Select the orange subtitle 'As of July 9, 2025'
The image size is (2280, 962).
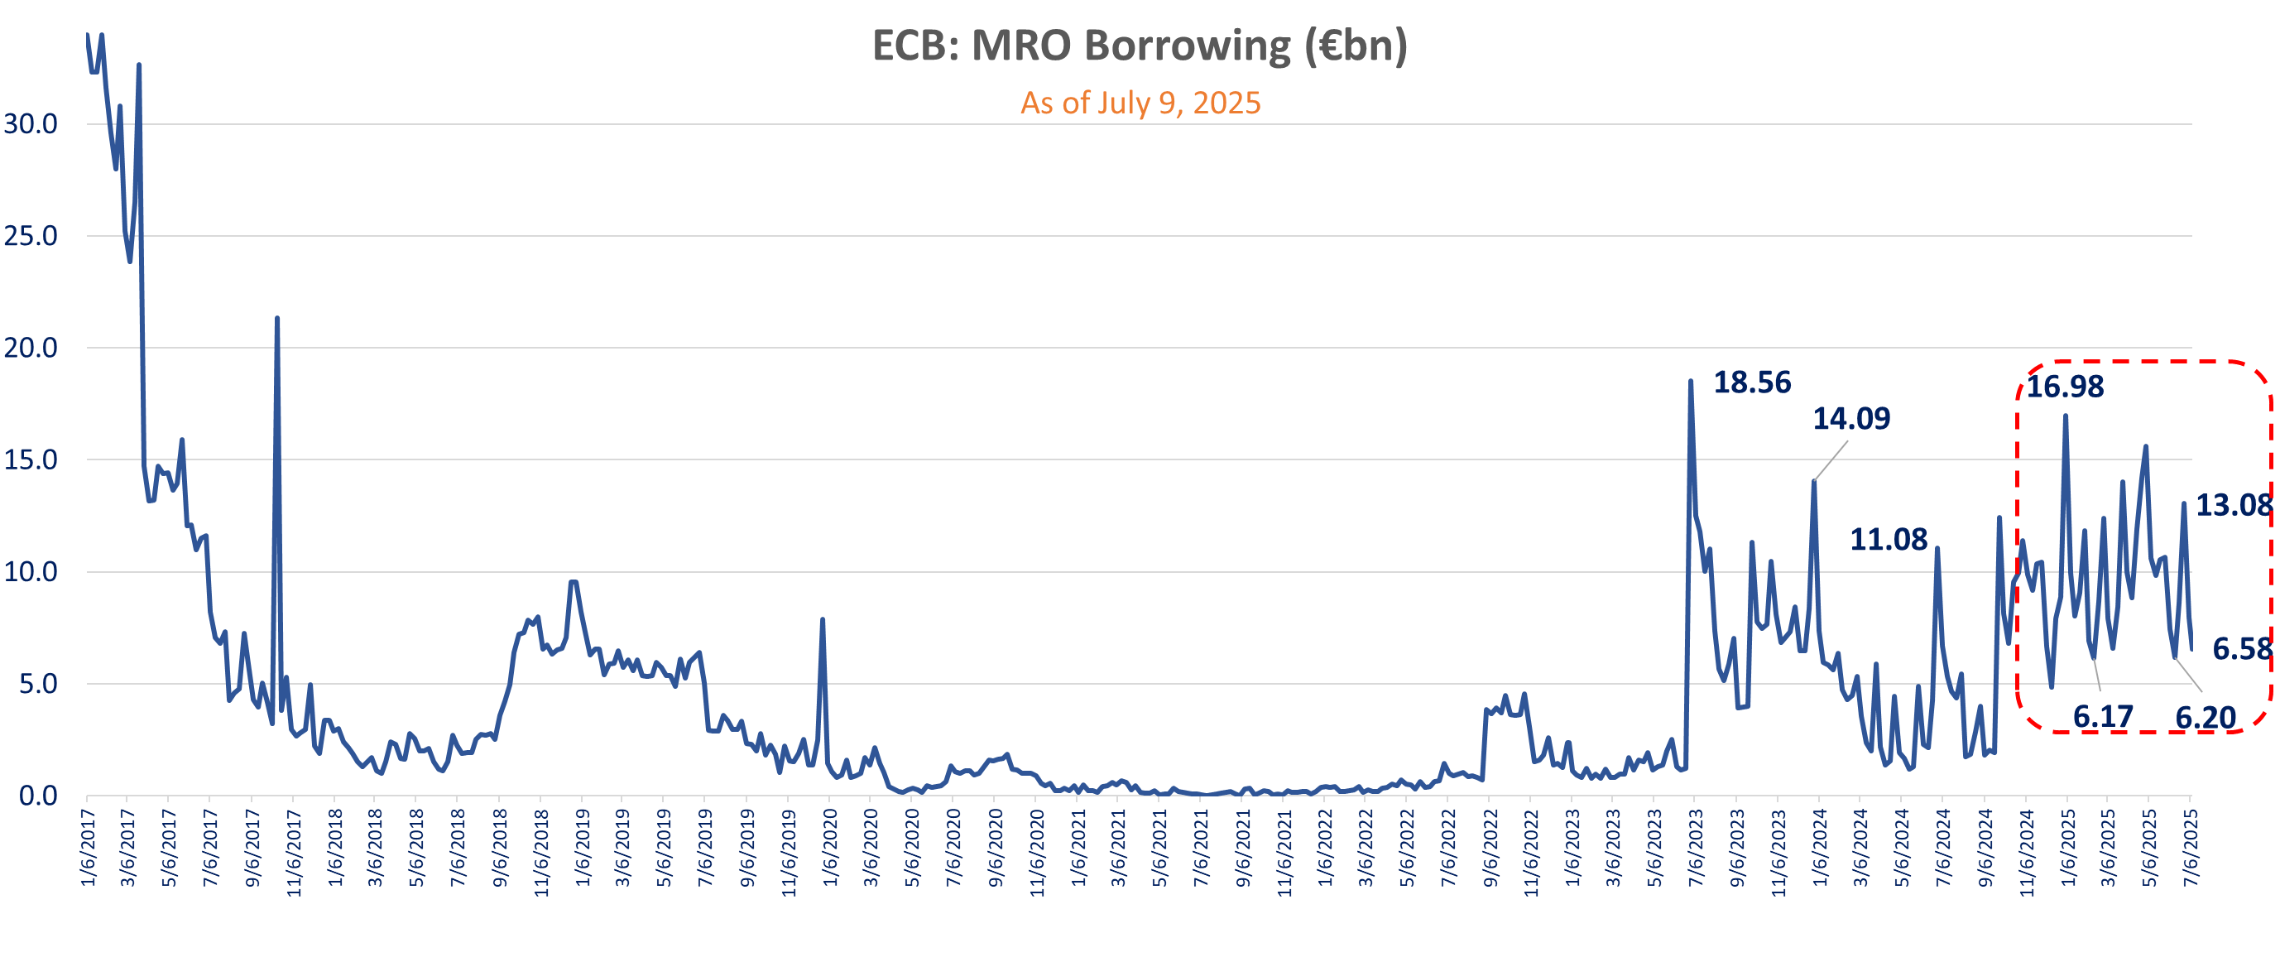(1140, 103)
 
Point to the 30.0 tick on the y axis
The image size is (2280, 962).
(31, 124)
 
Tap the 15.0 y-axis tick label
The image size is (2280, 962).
(31, 460)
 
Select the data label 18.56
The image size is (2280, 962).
(1752, 382)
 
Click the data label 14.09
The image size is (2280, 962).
(1850, 419)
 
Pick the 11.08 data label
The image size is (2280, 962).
(1888, 539)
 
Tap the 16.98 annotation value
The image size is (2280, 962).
(2064, 387)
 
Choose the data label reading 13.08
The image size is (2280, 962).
(2233, 505)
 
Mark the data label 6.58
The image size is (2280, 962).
(2242, 649)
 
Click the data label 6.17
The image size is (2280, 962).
(2103, 716)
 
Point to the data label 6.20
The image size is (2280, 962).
(2206, 717)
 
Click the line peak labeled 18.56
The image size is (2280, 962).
(1691, 382)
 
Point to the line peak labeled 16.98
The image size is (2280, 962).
(2066, 416)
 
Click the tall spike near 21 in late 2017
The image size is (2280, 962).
(277, 319)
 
